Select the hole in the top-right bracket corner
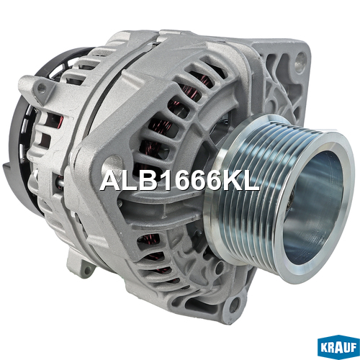click(300, 59)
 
